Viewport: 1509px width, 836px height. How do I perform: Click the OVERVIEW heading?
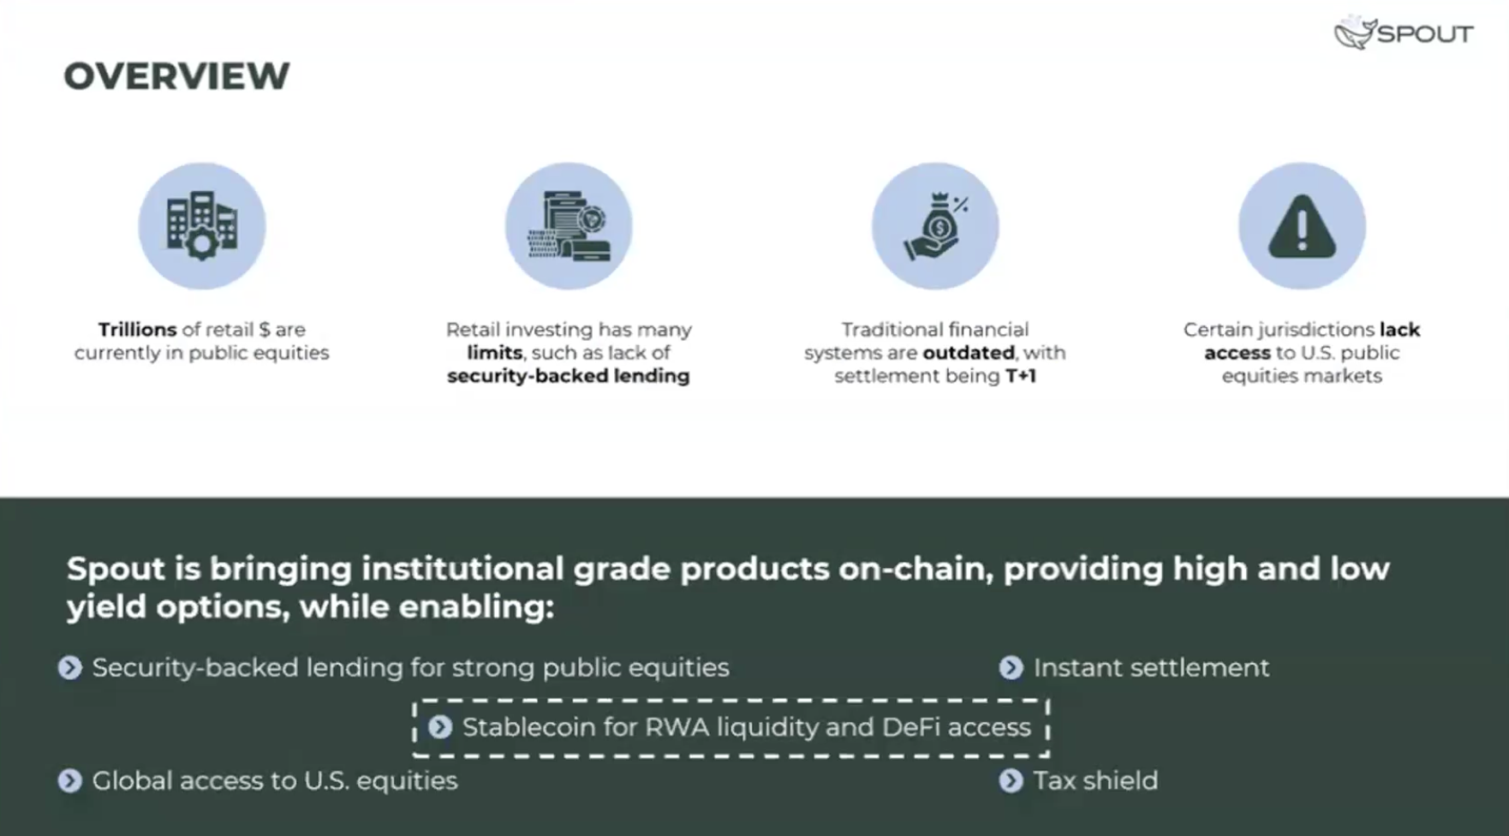pos(176,76)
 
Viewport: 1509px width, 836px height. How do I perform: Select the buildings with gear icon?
pos(202,225)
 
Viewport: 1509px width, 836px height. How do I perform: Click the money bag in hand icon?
pos(935,225)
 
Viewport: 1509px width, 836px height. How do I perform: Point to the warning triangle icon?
pos(1302,226)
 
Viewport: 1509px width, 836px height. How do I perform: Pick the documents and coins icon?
pos(569,225)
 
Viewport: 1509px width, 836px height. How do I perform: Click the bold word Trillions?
pos(137,330)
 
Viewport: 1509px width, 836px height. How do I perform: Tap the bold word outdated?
pos(969,353)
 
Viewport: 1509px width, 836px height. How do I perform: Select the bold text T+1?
pos(1020,376)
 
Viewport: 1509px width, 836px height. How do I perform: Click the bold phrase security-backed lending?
pos(568,376)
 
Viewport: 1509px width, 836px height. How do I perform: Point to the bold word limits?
pos(494,353)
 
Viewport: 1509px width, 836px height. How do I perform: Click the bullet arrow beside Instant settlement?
pos(1011,668)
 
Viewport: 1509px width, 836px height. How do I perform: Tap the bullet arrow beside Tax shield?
pos(1011,781)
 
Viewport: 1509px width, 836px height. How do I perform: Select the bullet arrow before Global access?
pos(70,781)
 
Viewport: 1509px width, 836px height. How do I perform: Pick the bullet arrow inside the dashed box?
pos(440,727)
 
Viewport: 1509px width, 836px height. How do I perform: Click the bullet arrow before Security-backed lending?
pos(70,668)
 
